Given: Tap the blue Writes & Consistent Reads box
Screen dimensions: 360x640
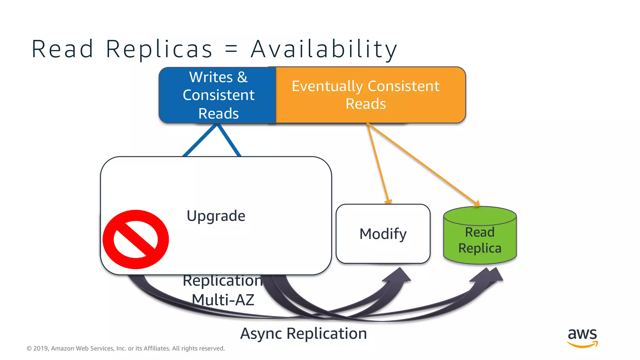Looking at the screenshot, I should pyautogui.click(x=218, y=95).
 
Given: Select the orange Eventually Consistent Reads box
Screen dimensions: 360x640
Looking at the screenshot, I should pyautogui.click(x=370, y=95).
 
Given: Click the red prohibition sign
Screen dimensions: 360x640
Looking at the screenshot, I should pyautogui.click(x=136, y=239).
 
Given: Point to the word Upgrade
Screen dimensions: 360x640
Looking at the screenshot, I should pyautogui.click(x=216, y=216).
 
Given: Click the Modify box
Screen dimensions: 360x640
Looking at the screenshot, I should pyautogui.click(x=383, y=234).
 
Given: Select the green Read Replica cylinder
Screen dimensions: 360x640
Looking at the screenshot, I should pyautogui.click(x=480, y=237).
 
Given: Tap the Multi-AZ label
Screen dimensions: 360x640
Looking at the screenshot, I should pyautogui.click(x=223, y=300).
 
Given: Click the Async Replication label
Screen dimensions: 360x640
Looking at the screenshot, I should pyautogui.click(x=303, y=333).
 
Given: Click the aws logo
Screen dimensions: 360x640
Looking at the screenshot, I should pyautogui.click(x=582, y=337).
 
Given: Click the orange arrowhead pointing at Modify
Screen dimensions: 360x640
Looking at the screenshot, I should pyautogui.click(x=388, y=201).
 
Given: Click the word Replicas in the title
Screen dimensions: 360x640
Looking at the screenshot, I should pyautogui.click(x=159, y=49).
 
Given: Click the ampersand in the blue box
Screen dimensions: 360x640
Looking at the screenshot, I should pyautogui.click(x=242, y=77).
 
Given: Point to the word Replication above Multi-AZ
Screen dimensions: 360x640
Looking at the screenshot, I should pyautogui.click(x=222, y=281).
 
